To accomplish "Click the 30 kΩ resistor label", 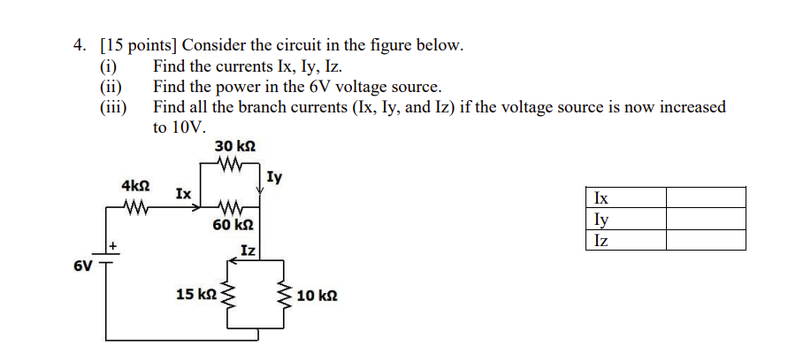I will (x=235, y=146).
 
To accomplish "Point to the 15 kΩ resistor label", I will (x=196, y=294).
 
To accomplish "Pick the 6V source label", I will (x=82, y=265).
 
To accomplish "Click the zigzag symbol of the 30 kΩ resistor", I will (x=229, y=164).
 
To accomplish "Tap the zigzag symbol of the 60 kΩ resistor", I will (x=229, y=209).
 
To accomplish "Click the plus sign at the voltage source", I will (x=113, y=244).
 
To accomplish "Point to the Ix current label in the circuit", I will (x=181, y=192).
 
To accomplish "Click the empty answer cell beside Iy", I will (x=705, y=219).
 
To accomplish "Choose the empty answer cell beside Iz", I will (x=705, y=240).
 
